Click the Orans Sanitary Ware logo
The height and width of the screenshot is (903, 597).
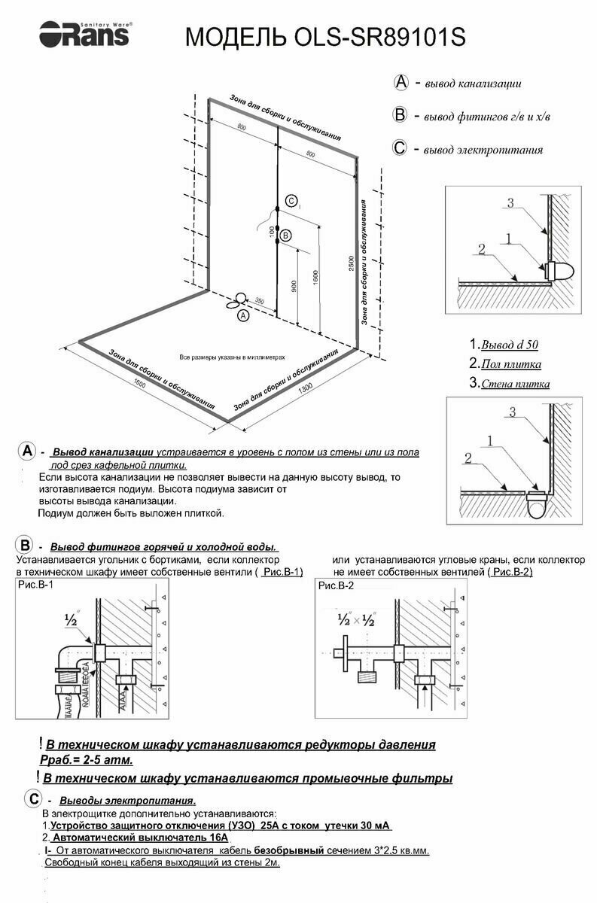pos(85,32)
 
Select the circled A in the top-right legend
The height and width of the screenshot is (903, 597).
pos(401,82)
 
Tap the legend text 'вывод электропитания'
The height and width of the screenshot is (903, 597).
pos(483,150)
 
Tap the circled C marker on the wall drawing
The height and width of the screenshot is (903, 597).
pos(291,201)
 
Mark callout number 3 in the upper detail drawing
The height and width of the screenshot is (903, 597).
pos(510,202)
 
